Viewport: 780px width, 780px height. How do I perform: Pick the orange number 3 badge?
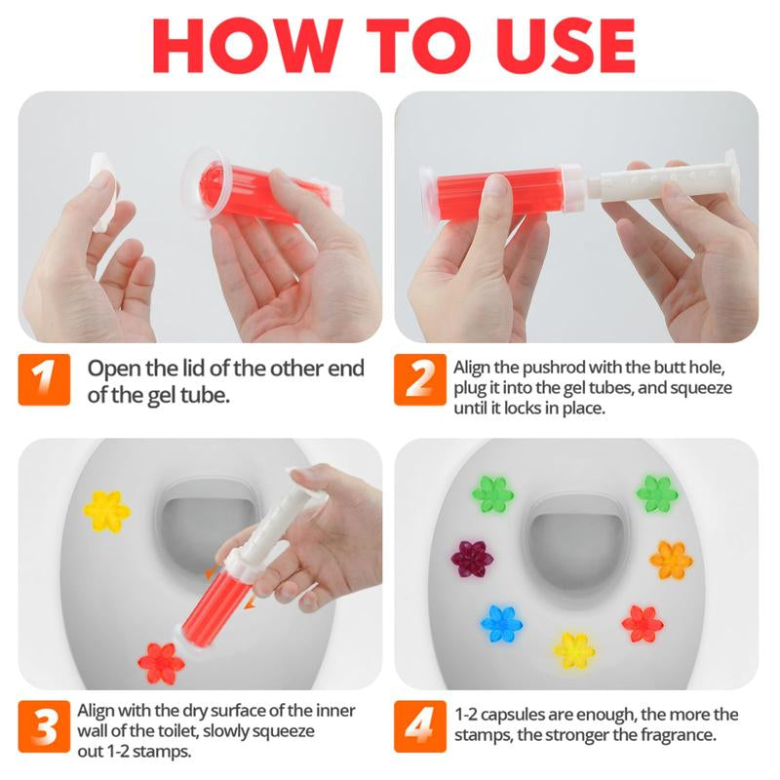[44, 727]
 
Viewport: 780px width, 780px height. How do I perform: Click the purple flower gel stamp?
[472, 558]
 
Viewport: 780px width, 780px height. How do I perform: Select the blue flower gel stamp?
[502, 623]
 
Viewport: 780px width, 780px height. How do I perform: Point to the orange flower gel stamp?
[670, 560]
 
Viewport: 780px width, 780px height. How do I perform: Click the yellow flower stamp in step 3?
[107, 510]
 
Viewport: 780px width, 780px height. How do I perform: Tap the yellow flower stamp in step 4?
[574, 649]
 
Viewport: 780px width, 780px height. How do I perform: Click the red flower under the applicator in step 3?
[161, 662]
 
